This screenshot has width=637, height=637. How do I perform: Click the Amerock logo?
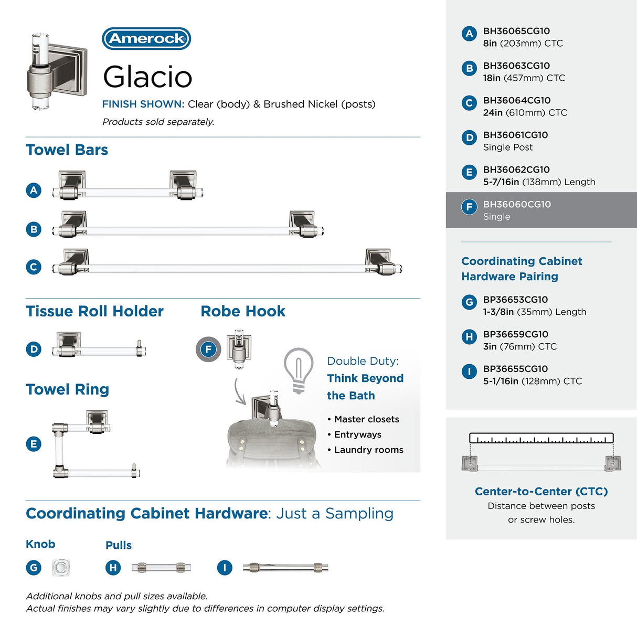coord(146,39)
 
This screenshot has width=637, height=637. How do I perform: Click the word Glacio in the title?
coord(147,77)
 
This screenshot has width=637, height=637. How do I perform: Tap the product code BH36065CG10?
coord(516,31)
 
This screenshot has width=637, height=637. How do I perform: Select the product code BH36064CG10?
coord(517,101)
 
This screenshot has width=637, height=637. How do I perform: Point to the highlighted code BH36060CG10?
coord(517,204)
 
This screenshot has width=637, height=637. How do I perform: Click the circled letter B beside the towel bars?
coord(34,229)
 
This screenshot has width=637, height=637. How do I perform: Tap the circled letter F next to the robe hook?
coord(208,349)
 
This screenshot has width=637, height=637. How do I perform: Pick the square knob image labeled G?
coord(61,567)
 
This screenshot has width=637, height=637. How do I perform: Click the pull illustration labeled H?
coord(161,568)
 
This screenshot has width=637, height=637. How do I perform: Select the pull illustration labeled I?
coord(285,568)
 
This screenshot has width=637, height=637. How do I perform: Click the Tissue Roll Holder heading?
coord(94,311)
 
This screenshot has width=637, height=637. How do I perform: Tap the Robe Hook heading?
coord(243,311)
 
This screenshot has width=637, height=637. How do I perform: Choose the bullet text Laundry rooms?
coord(369,450)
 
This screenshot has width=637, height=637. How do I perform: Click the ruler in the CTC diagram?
coord(542,438)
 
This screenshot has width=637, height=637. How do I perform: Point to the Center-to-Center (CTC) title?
coord(542,492)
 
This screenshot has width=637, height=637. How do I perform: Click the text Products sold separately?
coord(158,122)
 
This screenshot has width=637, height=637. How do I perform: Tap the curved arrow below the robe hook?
coord(239,392)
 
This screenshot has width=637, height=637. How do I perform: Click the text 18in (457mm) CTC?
coord(524,78)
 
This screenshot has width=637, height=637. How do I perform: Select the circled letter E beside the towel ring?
coord(34,444)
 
